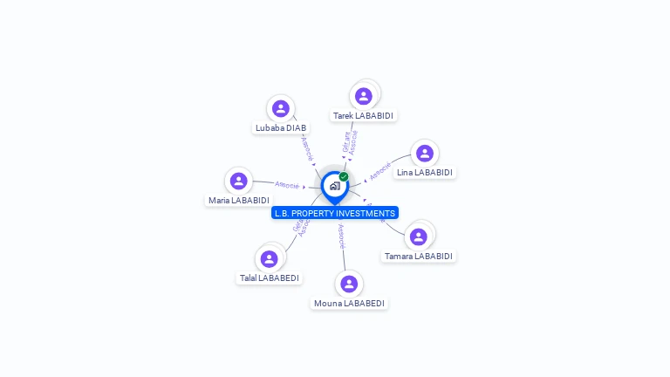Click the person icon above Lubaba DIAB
click(280, 108)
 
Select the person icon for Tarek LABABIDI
click(364, 96)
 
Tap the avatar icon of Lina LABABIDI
click(425, 154)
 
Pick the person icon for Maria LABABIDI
click(238, 181)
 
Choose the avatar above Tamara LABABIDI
click(419, 236)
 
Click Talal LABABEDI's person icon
click(269, 258)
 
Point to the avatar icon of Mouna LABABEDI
click(349, 284)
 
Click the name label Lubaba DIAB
click(280, 127)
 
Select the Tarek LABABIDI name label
click(364, 115)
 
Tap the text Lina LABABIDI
click(425, 173)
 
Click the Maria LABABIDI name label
click(238, 200)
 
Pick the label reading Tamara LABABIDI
click(419, 257)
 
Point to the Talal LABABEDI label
click(269, 278)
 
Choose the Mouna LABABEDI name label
click(349, 304)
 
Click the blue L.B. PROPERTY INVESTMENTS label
click(335, 213)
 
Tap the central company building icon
click(334, 186)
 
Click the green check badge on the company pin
click(344, 176)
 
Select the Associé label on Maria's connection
click(287, 185)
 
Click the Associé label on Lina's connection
click(379, 171)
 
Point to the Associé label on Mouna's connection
click(341, 236)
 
